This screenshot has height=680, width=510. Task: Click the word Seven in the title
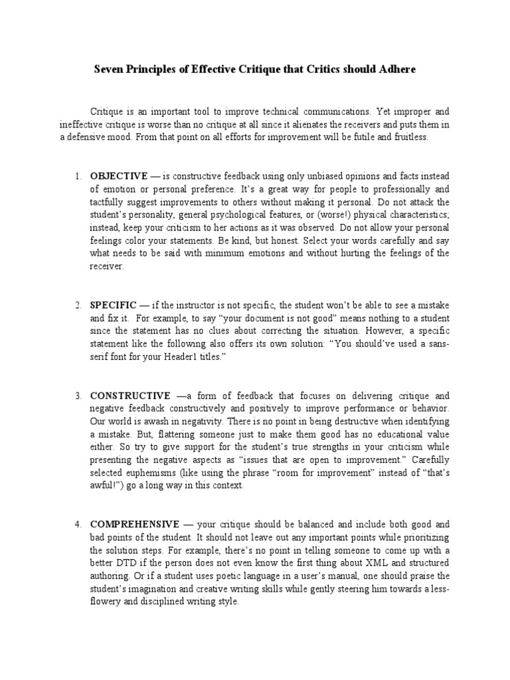click(x=108, y=70)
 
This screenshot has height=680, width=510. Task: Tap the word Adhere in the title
click(x=398, y=70)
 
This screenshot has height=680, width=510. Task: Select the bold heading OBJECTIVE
click(x=119, y=176)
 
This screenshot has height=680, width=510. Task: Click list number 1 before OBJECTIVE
click(x=77, y=176)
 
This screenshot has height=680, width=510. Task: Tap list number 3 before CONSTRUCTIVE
click(x=77, y=395)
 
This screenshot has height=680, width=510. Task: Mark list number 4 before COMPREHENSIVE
click(x=77, y=524)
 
